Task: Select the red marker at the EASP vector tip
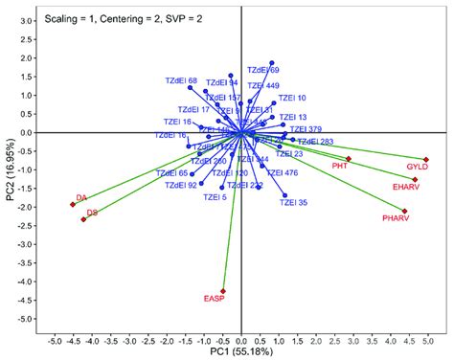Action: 223,291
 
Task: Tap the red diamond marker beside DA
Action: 73,204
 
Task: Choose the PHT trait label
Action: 339,167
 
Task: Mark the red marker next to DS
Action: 84,219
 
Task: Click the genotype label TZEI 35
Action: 294,203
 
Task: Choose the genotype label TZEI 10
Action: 290,98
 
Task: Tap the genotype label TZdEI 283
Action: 316,142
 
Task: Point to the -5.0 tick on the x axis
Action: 54,340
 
